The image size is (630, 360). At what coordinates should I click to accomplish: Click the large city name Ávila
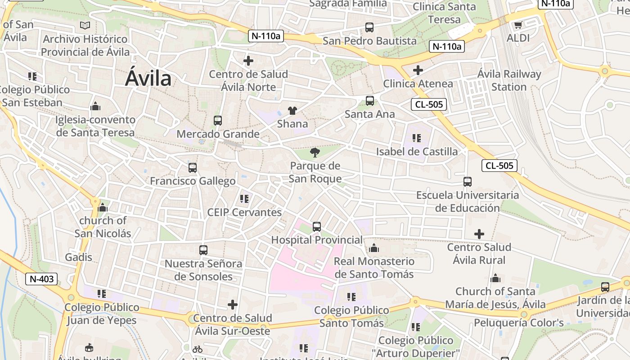pyautogui.click(x=148, y=78)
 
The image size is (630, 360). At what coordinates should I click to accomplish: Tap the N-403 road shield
pyautogui.click(x=42, y=279)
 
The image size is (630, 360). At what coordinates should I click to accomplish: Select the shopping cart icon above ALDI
pyautogui.click(x=518, y=25)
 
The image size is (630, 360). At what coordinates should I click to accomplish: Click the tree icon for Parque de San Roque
pyautogui.click(x=315, y=153)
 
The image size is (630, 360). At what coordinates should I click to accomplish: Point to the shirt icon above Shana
pyautogui.click(x=292, y=111)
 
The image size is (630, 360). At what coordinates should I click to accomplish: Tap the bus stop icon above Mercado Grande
pyautogui.click(x=218, y=121)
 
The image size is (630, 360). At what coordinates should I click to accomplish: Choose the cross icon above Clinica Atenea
pyautogui.click(x=418, y=70)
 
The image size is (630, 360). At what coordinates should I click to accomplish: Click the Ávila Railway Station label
pyautogui.click(x=509, y=80)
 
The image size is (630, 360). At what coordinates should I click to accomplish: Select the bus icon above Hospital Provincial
pyautogui.click(x=317, y=227)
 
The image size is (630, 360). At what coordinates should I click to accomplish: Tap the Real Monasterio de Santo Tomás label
pyautogui.click(x=374, y=267)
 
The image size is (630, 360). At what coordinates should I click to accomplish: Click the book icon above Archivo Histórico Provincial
pyautogui.click(x=85, y=26)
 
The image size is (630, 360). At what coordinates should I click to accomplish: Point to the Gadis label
pyautogui.click(x=79, y=257)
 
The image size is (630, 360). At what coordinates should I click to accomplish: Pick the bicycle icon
pyautogui.click(x=197, y=349)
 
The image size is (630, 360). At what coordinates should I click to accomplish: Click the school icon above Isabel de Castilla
pyautogui.click(x=417, y=138)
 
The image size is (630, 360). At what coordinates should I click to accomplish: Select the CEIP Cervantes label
pyautogui.click(x=244, y=212)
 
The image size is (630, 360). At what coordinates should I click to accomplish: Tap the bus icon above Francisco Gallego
pyautogui.click(x=193, y=168)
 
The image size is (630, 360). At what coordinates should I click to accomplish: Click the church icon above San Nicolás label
pyautogui.click(x=103, y=207)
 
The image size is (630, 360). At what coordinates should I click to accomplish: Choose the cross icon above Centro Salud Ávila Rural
pyautogui.click(x=479, y=234)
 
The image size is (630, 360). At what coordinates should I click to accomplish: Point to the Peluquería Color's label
pyautogui.click(x=519, y=323)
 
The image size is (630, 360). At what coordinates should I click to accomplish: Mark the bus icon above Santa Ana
pyautogui.click(x=370, y=101)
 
